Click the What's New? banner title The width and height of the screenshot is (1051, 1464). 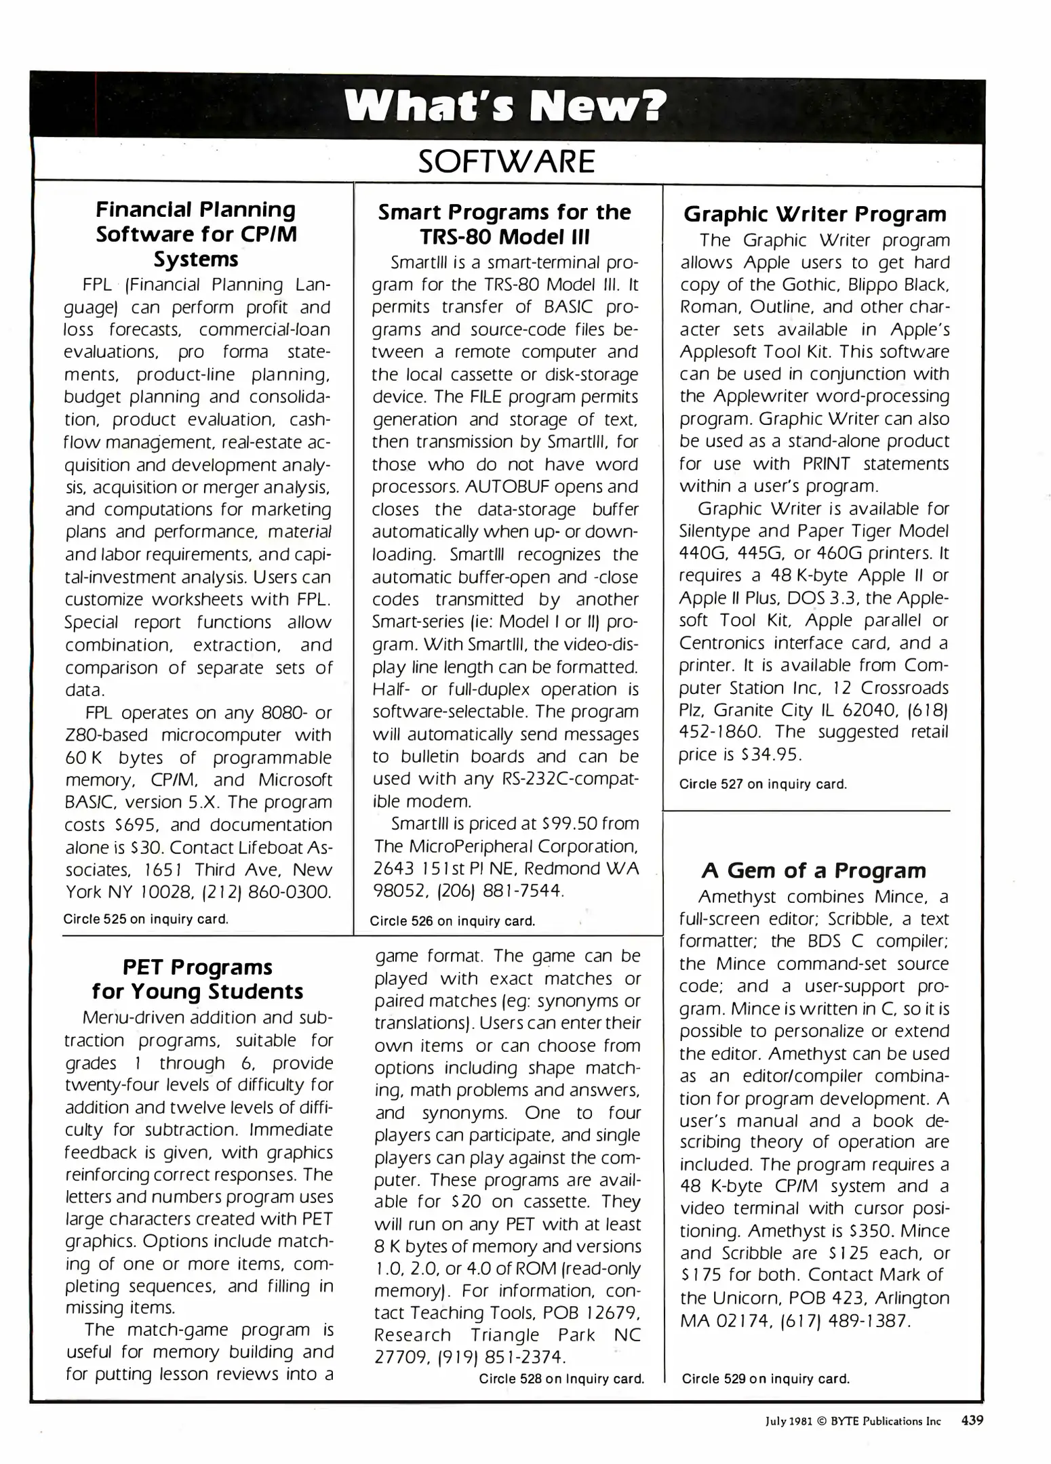(x=505, y=106)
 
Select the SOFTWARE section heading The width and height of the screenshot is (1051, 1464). (x=507, y=161)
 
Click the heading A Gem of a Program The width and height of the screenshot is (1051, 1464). (x=814, y=870)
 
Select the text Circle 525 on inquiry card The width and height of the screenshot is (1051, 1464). (x=146, y=920)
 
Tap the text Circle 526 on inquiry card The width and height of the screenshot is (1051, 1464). (x=452, y=921)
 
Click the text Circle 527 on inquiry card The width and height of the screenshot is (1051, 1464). (x=763, y=784)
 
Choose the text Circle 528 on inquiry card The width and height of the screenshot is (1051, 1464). (x=561, y=1379)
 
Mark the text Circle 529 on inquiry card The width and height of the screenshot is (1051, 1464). (x=766, y=1379)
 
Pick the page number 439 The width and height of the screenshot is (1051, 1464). (x=972, y=1421)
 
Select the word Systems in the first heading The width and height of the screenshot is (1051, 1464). (x=196, y=259)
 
